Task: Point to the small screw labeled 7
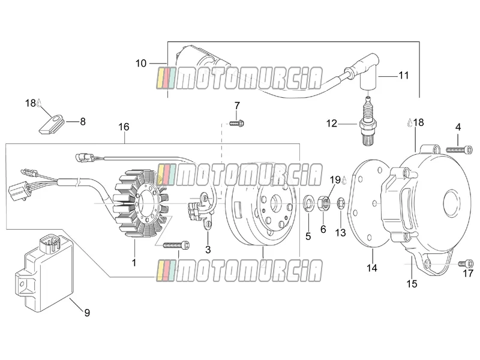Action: pos(236,123)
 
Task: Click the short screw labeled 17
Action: pos(466,263)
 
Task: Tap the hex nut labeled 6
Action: pos(325,203)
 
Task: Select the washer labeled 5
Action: pos(308,203)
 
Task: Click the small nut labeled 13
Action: pos(341,203)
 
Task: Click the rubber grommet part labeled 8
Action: pos(51,124)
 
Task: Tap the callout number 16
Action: pos(124,127)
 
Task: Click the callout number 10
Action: pos(141,64)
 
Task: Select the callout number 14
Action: pos(372,268)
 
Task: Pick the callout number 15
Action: pos(412,284)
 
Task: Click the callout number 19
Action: pos(335,179)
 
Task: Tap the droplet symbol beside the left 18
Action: pos(39,103)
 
